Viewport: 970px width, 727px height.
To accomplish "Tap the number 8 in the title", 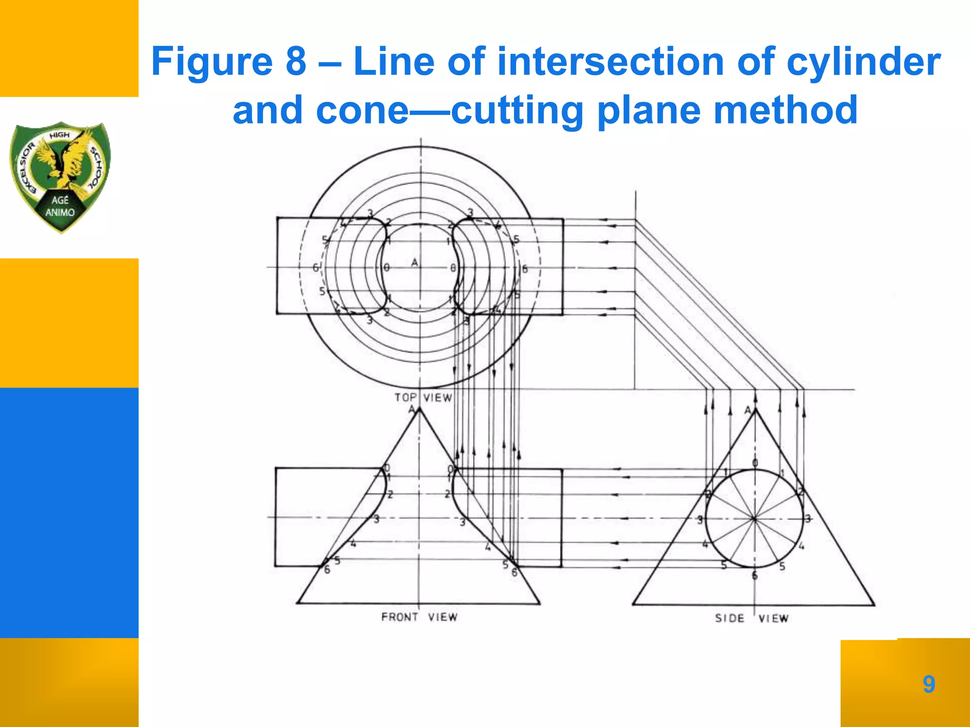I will click(x=296, y=62).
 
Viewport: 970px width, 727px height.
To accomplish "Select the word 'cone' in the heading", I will click(x=362, y=111).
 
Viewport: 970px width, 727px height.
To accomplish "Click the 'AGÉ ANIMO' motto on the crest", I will click(x=60, y=206).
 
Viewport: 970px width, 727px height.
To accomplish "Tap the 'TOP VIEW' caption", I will click(x=423, y=398).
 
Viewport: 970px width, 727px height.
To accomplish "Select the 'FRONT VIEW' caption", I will click(x=419, y=617).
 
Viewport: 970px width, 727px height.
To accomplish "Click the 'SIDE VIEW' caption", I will click(x=752, y=619).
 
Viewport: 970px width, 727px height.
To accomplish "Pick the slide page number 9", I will click(x=929, y=684).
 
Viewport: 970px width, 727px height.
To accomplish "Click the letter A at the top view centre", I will click(x=415, y=262).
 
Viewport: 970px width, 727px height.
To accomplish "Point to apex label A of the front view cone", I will click(x=412, y=409).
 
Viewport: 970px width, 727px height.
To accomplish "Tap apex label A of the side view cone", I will click(x=748, y=410).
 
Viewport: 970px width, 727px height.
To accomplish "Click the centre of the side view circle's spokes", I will click(x=754, y=519).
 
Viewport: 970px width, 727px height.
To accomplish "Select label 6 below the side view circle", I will click(x=755, y=576).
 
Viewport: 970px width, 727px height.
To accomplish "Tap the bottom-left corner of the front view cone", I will click(x=297, y=603).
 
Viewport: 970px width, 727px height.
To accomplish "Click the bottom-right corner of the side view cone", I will click(x=874, y=605).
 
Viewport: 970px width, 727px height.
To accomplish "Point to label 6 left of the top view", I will click(x=315, y=268).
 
